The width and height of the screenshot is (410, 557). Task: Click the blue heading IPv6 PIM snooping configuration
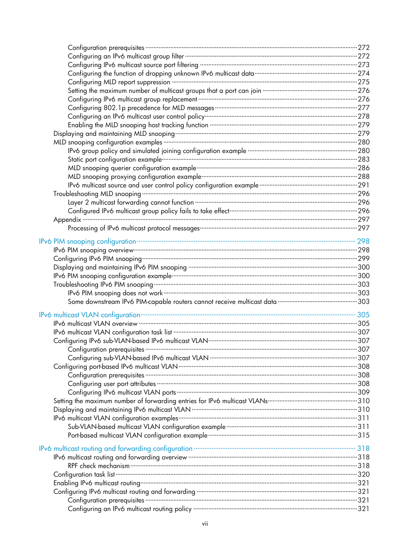(x=87, y=242)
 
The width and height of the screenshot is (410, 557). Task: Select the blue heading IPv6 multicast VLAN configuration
(x=89, y=315)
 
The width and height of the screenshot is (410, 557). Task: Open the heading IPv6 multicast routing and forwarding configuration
(x=115, y=449)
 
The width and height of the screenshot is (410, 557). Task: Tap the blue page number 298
(x=363, y=242)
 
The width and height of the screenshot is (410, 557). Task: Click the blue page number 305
(x=363, y=315)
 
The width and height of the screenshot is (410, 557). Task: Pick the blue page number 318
(x=363, y=449)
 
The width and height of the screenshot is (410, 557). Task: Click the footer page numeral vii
(x=205, y=523)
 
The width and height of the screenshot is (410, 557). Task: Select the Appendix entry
(x=67, y=220)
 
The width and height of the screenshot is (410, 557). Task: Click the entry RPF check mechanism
(x=98, y=466)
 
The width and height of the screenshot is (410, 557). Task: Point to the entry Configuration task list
(x=84, y=474)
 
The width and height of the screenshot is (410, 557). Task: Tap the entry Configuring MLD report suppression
(x=119, y=82)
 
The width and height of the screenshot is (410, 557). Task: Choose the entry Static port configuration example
(x=115, y=159)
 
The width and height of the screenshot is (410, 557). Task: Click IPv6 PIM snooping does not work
(x=115, y=293)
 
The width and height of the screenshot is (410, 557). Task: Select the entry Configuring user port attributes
(x=112, y=384)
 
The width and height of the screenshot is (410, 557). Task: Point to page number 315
(x=364, y=435)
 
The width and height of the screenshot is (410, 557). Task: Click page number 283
(x=364, y=159)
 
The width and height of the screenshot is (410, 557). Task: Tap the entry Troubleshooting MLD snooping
(x=97, y=194)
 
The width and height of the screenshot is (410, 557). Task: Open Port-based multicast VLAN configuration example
(x=138, y=435)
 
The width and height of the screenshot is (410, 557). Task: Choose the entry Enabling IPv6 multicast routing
(x=97, y=483)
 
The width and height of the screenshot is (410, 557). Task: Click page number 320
(x=364, y=474)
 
